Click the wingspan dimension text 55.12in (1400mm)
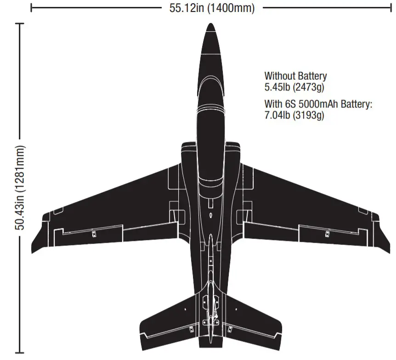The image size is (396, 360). pos(212,8)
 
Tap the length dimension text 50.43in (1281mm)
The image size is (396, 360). pos(21,189)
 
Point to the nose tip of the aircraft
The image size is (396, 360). pos(210,25)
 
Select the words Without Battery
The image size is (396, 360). pos(295,76)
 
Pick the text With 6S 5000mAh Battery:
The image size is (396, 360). pos(318,104)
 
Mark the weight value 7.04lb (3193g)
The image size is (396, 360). pos(294,115)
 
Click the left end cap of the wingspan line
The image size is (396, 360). pos(32,8)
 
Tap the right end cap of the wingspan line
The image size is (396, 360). pos(390,8)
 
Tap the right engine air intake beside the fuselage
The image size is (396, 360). pos(234,152)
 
